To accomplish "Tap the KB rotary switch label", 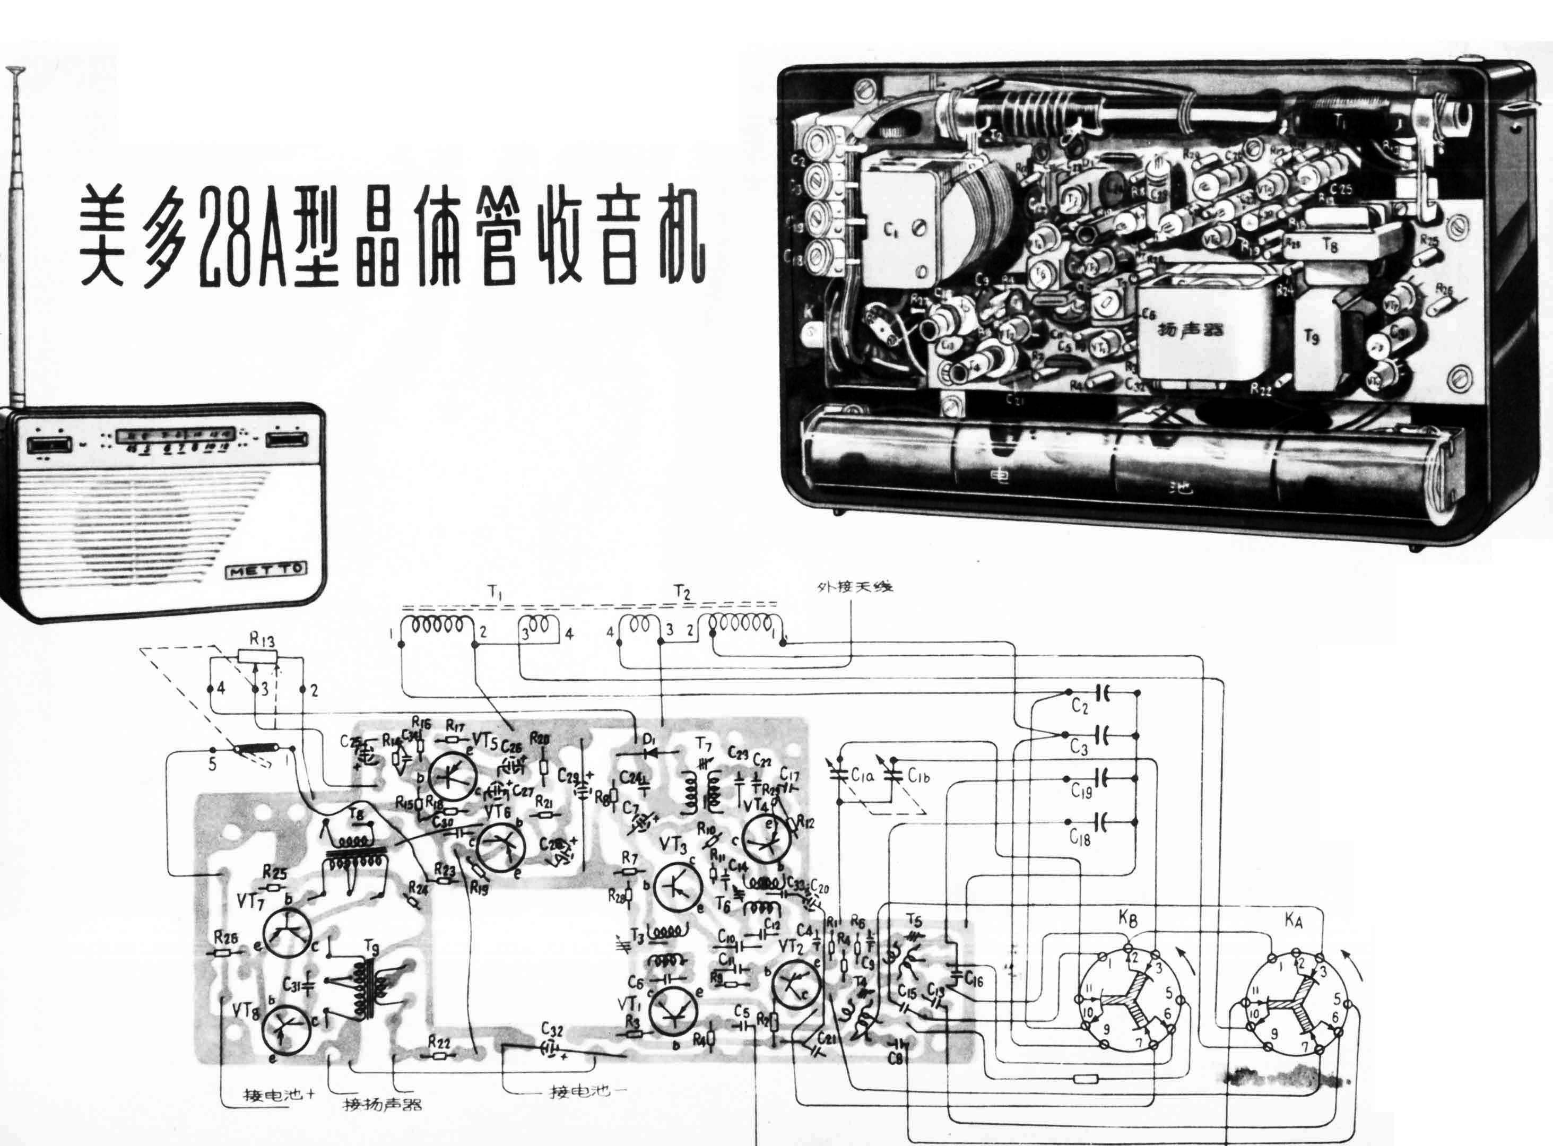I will pos(1127,920).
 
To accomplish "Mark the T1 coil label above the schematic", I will pos(494,592).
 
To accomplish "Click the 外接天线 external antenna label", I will pos(854,586).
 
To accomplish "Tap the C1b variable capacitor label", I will pos(917,776).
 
